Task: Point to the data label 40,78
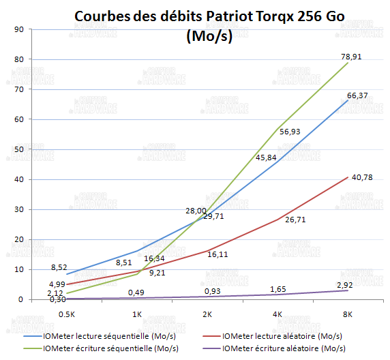tap(362, 178)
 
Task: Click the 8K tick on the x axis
tap(348, 314)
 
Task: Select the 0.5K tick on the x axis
tap(66, 314)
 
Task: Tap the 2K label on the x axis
tap(207, 314)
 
